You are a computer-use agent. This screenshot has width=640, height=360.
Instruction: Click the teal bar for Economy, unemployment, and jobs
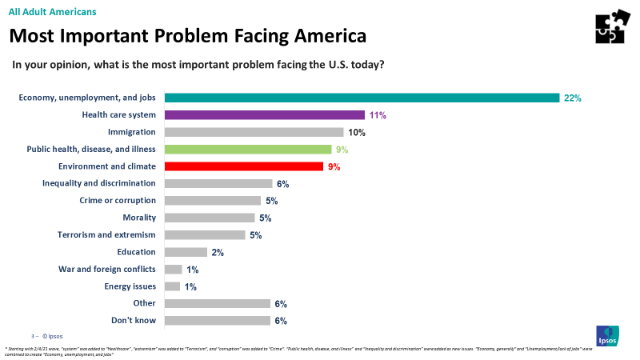point(362,98)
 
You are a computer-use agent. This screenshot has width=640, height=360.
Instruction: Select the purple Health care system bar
point(264,115)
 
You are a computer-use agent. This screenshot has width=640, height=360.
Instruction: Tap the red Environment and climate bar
point(243,166)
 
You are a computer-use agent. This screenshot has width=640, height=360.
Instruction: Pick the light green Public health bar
point(247,149)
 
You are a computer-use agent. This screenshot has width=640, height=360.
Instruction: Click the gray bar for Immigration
point(254,132)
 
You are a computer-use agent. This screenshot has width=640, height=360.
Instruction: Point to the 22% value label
point(572,98)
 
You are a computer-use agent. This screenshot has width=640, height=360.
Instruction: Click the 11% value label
point(378,115)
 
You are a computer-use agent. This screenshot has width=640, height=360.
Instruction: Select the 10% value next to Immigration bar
point(357,132)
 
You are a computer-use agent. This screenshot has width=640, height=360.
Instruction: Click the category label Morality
point(138,218)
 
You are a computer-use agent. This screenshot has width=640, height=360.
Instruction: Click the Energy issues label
point(130,286)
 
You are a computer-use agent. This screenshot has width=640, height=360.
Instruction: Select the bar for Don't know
point(217,321)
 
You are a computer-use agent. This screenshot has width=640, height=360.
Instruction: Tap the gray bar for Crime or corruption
point(212,201)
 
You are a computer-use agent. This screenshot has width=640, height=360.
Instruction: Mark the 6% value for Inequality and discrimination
point(281,183)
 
